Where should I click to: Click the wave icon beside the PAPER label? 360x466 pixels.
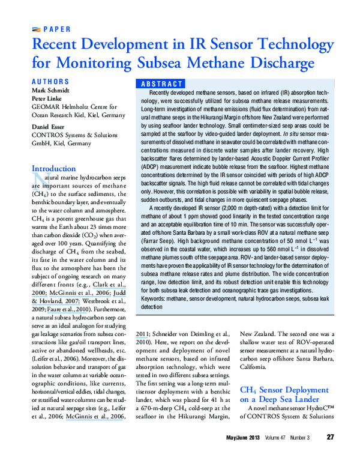35,29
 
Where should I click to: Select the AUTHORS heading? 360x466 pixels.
50,81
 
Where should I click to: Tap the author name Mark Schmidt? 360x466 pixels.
52,90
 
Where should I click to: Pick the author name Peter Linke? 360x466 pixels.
48,98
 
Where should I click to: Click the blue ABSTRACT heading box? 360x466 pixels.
160,84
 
